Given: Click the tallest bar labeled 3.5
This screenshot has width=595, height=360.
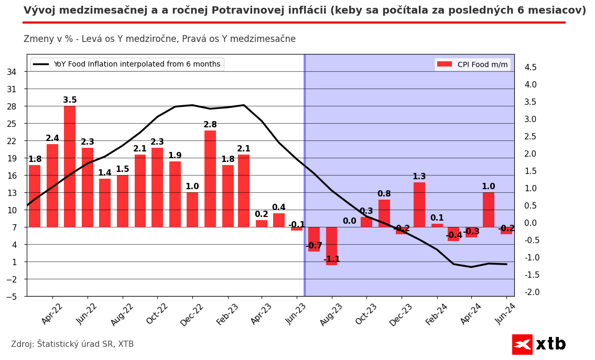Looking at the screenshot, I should [x=70, y=166].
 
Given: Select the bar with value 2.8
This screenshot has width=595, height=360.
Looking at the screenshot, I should [x=210, y=178].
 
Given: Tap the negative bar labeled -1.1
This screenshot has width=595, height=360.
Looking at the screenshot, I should [x=331, y=246].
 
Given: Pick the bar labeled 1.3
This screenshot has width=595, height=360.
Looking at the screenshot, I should [x=419, y=204].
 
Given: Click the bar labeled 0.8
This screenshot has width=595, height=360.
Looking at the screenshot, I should [x=384, y=213].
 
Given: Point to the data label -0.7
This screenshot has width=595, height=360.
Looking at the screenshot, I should [x=314, y=246].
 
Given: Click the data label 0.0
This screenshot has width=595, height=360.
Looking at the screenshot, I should [x=350, y=221].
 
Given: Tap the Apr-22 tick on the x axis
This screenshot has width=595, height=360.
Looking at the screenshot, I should [x=52, y=313].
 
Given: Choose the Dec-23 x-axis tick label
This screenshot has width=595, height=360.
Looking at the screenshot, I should [x=402, y=314].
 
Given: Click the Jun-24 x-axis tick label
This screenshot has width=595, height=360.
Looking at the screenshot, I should [x=506, y=313].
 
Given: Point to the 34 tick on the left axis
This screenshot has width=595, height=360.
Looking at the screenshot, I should [x=12, y=72].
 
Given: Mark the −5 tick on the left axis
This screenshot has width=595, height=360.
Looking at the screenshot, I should [x=11, y=297].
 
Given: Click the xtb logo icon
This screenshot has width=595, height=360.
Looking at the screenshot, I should [x=522, y=344].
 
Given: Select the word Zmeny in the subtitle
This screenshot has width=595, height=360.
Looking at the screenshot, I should [x=38, y=39].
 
